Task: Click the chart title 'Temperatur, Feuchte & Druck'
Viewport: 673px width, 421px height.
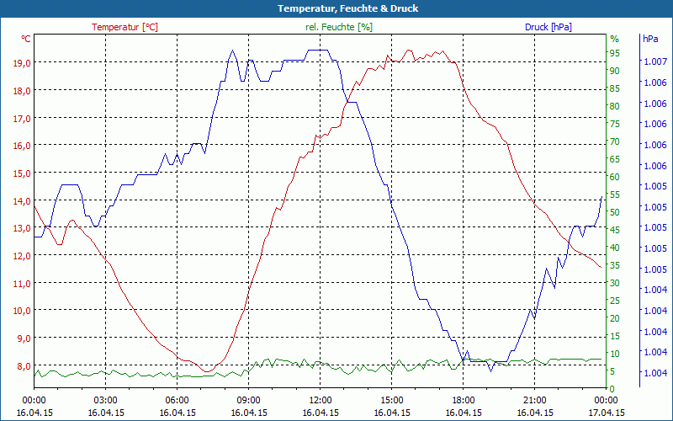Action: [336, 8]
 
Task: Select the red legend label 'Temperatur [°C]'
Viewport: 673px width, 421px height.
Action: [125, 27]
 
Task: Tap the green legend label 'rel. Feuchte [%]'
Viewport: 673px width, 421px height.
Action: [338, 27]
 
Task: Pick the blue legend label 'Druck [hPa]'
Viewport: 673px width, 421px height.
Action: [548, 27]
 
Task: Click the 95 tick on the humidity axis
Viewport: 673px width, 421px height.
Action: [614, 53]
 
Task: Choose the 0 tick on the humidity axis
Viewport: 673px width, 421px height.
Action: [612, 388]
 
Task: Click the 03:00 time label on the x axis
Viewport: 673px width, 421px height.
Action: [105, 400]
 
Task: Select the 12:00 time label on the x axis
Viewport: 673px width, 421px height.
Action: [320, 400]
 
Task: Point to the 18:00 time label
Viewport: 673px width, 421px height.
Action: [463, 400]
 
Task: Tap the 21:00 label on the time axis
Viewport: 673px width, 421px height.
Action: [534, 400]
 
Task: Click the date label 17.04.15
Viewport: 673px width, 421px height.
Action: [606, 413]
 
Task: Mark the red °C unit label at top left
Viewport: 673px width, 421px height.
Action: [26, 39]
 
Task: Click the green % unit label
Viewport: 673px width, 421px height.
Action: [614, 39]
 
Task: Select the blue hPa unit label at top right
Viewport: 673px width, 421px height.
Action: [650, 39]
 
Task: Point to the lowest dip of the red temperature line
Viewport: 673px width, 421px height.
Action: [207, 371]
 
